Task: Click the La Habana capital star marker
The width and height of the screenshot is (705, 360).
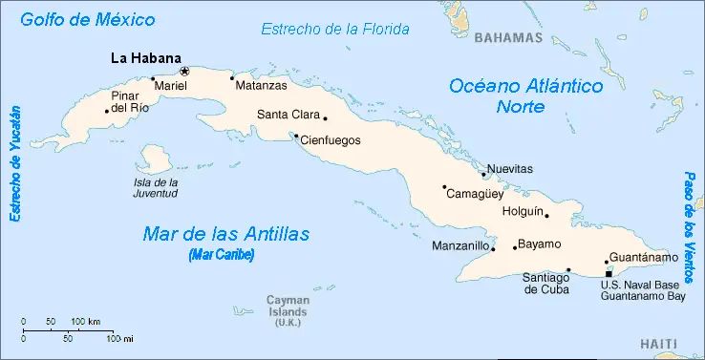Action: click(185, 71)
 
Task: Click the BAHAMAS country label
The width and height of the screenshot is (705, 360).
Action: click(508, 38)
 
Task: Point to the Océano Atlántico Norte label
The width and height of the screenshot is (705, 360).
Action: click(526, 95)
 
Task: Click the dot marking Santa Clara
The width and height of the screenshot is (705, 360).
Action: click(325, 118)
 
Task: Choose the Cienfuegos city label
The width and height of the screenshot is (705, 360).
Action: click(331, 140)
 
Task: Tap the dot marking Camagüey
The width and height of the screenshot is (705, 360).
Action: click(444, 186)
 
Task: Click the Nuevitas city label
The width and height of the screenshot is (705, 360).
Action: click(510, 169)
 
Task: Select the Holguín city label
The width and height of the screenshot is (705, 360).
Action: click(523, 210)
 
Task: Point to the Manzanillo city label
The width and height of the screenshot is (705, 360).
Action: click(460, 246)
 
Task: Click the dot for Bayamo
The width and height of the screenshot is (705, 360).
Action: click(515, 248)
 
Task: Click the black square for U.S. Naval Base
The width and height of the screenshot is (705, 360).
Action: click(609, 274)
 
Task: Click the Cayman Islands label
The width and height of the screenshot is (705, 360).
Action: click(287, 307)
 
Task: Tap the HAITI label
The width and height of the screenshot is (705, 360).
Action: click(658, 344)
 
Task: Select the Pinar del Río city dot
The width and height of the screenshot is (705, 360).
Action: click(106, 111)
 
